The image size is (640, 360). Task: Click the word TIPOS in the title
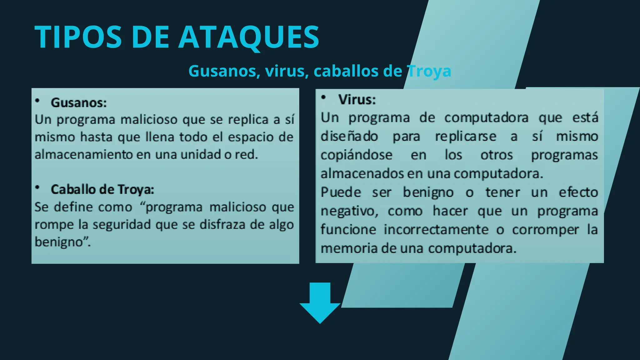tap(78, 37)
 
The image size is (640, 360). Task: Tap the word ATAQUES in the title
tap(249, 37)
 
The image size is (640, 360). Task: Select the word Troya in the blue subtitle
tap(429, 71)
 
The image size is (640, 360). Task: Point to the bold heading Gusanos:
tap(79, 103)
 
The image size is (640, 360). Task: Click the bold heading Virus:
tap(357, 100)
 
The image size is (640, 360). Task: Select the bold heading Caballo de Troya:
tap(102, 189)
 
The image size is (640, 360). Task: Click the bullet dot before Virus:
tap(324, 97)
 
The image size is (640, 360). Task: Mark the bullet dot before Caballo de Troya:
tap(37, 187)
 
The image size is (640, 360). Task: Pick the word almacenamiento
tap(83, 155)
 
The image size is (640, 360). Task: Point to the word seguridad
tap(122, 225)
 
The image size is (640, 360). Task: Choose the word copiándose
tap(356, 155)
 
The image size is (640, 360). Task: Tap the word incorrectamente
tap(436, 230)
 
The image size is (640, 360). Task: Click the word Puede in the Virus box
tap(341, 192)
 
